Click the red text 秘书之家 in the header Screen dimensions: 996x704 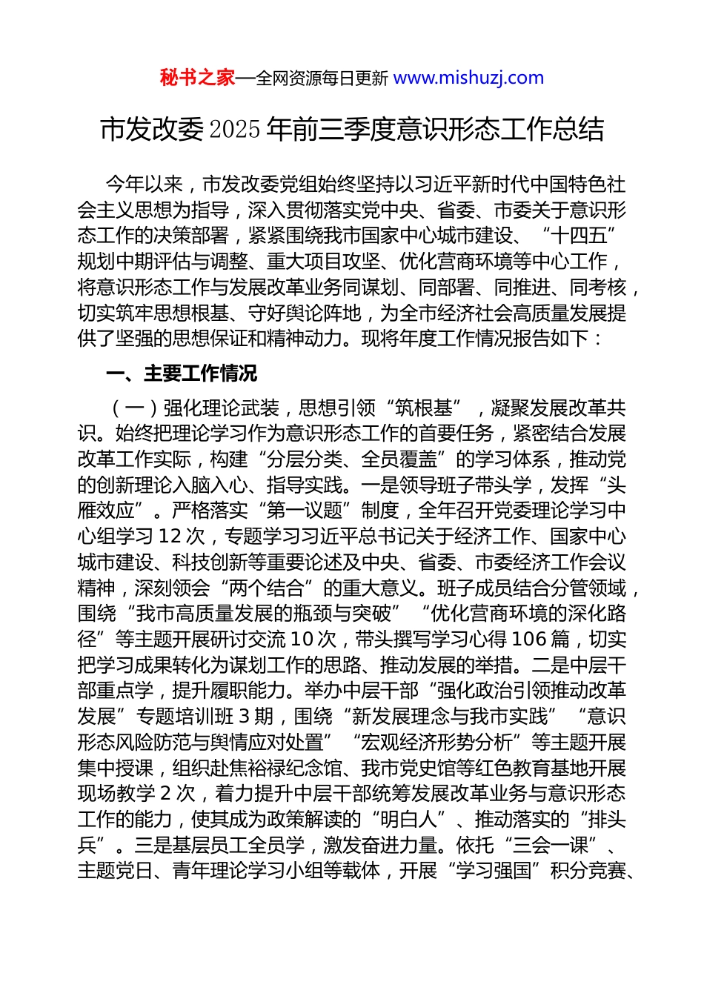pos(197,78)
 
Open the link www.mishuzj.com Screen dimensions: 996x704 pos(468,78)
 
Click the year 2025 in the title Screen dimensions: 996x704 pos(235,130)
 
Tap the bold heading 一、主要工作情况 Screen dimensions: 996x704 pos(182,373)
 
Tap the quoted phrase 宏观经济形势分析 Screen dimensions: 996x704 pos(437,743)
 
